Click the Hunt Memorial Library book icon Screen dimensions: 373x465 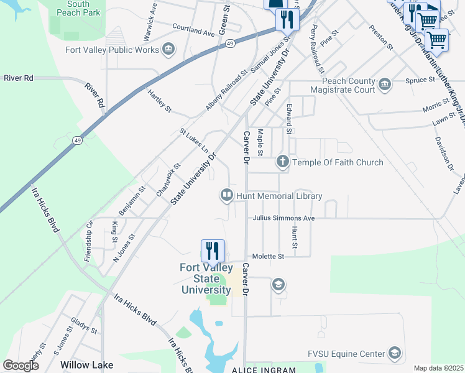(226, 196)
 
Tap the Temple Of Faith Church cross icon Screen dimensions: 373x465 (283, 162)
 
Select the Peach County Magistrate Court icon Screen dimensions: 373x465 (384, 85)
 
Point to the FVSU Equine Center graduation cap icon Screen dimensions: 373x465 (394, 354)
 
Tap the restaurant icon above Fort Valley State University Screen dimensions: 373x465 (213, 251)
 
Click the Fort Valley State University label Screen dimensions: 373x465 (205, 279)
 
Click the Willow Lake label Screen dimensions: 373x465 (87, 366)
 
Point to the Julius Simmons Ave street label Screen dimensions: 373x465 (284, 218)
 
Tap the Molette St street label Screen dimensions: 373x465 (268, 256)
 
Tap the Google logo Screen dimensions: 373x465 (21, 366)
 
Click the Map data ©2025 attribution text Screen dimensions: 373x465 (439, 368)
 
